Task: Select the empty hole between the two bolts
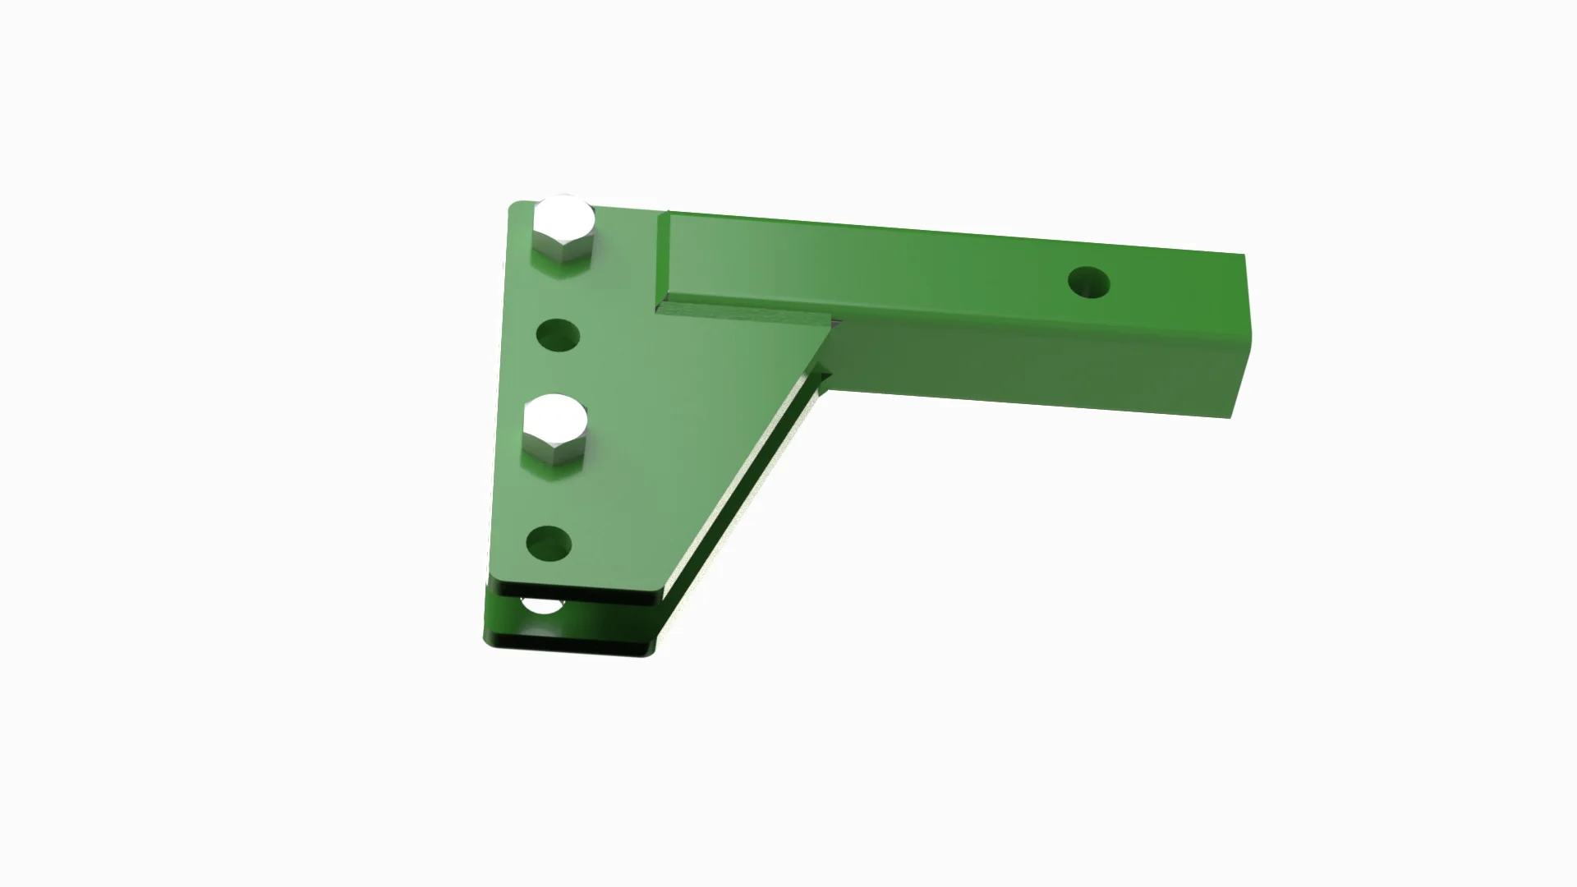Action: (x=558, y=336)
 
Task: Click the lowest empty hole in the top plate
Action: (x=549, y=544)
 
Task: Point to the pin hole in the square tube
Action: (x=1088, y=283)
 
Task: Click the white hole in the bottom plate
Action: (x=542, y=607)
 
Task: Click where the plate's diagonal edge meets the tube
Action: (x=828, y=329)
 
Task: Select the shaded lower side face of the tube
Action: (x=1027, y=361)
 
